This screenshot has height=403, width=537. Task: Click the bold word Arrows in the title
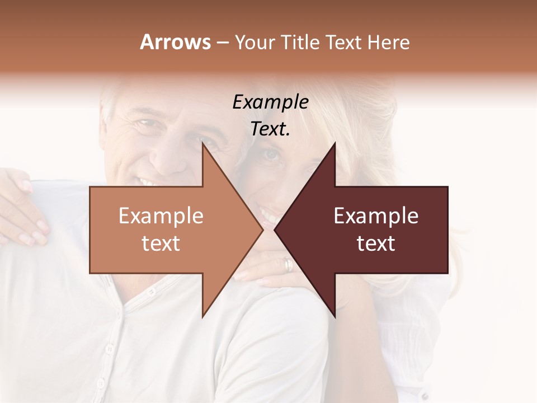175,43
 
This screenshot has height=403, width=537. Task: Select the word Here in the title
388,43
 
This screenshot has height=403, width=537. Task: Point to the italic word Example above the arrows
270,102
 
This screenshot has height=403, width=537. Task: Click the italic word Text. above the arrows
270,129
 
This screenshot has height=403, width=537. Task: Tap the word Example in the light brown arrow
161,215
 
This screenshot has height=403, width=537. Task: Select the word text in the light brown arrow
161,243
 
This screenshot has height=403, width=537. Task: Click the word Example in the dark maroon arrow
376,215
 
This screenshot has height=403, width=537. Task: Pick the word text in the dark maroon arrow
376,243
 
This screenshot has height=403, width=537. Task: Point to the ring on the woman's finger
288,265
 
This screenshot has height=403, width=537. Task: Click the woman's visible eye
272,155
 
